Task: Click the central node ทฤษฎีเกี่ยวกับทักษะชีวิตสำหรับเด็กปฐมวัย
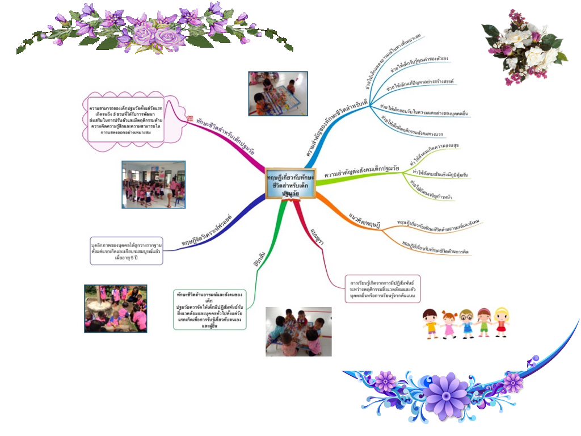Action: point(289,185)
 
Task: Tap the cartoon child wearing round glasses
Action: point(466,322)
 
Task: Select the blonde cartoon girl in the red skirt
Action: point(501,321)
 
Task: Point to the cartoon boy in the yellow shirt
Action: point(431,322)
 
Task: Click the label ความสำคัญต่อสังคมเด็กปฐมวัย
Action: point(361,173)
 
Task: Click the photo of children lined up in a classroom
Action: point(153,184)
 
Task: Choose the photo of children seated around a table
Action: point(298,332)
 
